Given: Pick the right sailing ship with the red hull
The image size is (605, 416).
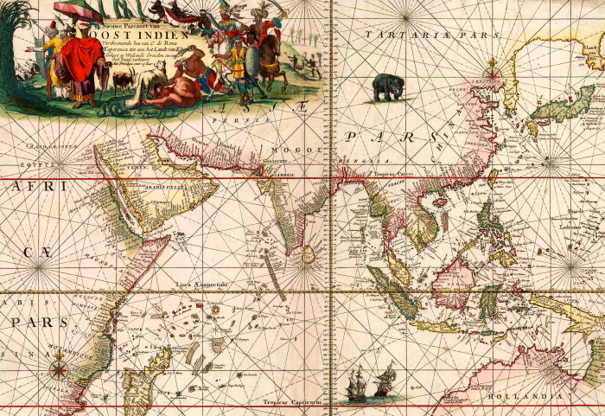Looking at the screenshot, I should click(384, 381).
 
